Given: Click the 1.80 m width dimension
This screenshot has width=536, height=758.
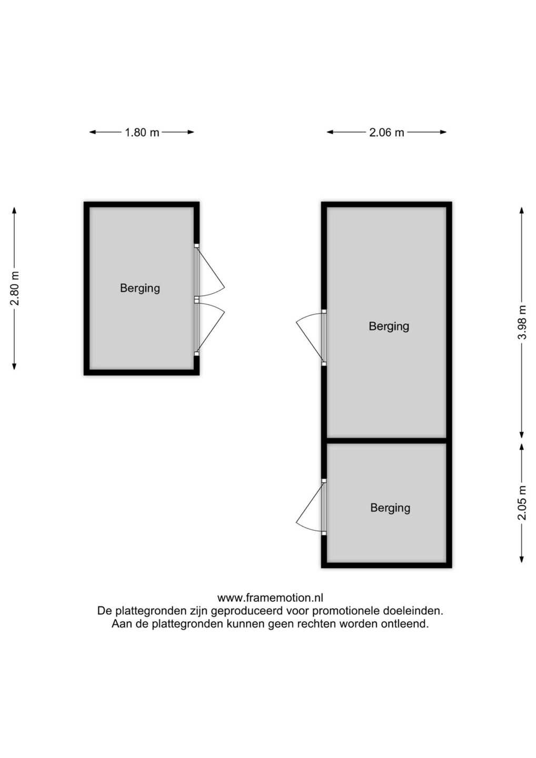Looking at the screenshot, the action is click(142, 132).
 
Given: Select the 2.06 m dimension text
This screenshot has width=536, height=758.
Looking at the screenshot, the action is click(386, 132).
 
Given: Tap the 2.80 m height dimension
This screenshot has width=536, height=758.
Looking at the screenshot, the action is click(14, 288).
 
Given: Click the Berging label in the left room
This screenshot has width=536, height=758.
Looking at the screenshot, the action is click(140, 288).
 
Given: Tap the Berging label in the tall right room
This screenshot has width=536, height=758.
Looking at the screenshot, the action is click(389, 326).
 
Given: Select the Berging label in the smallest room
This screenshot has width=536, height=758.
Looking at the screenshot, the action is click(390, 507).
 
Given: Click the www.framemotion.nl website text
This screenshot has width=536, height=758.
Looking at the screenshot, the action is click(270, 598).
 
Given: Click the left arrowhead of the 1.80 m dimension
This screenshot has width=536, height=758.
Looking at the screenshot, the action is click(93, 132).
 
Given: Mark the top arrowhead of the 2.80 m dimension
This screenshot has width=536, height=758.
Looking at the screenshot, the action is click(14, 211).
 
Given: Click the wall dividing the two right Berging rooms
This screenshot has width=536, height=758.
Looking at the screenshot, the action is click(386, 441).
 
